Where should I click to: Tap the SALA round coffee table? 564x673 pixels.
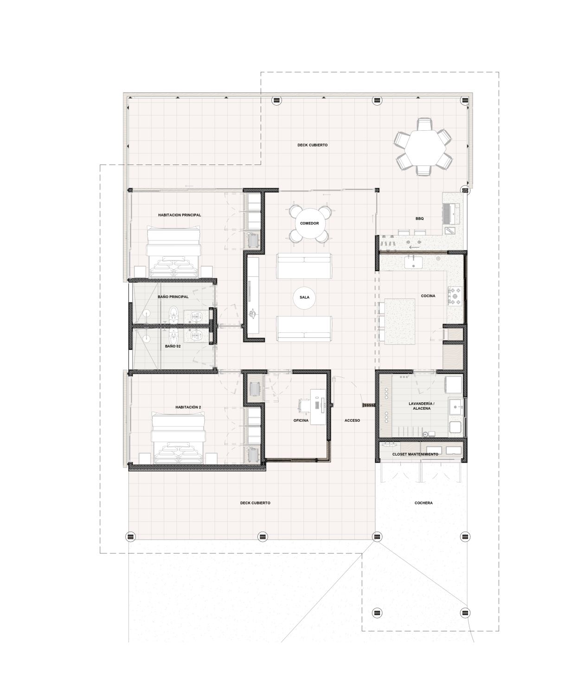(x=304, y=297)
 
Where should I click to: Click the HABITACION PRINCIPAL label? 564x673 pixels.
(x=179, y=215)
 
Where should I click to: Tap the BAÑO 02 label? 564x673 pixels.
(x=173, y=346)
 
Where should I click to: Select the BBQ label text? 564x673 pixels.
(x=419, y=218)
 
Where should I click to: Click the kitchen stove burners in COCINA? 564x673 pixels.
(x=455, y=296)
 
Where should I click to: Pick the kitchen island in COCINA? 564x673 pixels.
(x=400, y=322)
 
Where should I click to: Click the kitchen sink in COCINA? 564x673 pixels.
(x=413, y=261)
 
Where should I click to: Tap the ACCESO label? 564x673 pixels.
(x=352, y=420)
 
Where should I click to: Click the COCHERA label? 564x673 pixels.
(x=423, y=503)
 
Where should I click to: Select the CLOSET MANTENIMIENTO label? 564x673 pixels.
(x=415, y=454)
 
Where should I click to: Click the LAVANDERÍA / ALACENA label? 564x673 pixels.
(x=422, y=406)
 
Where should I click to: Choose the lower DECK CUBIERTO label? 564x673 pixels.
(x=255, y=503)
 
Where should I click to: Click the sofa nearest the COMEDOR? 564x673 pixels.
(x=304, y=266)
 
